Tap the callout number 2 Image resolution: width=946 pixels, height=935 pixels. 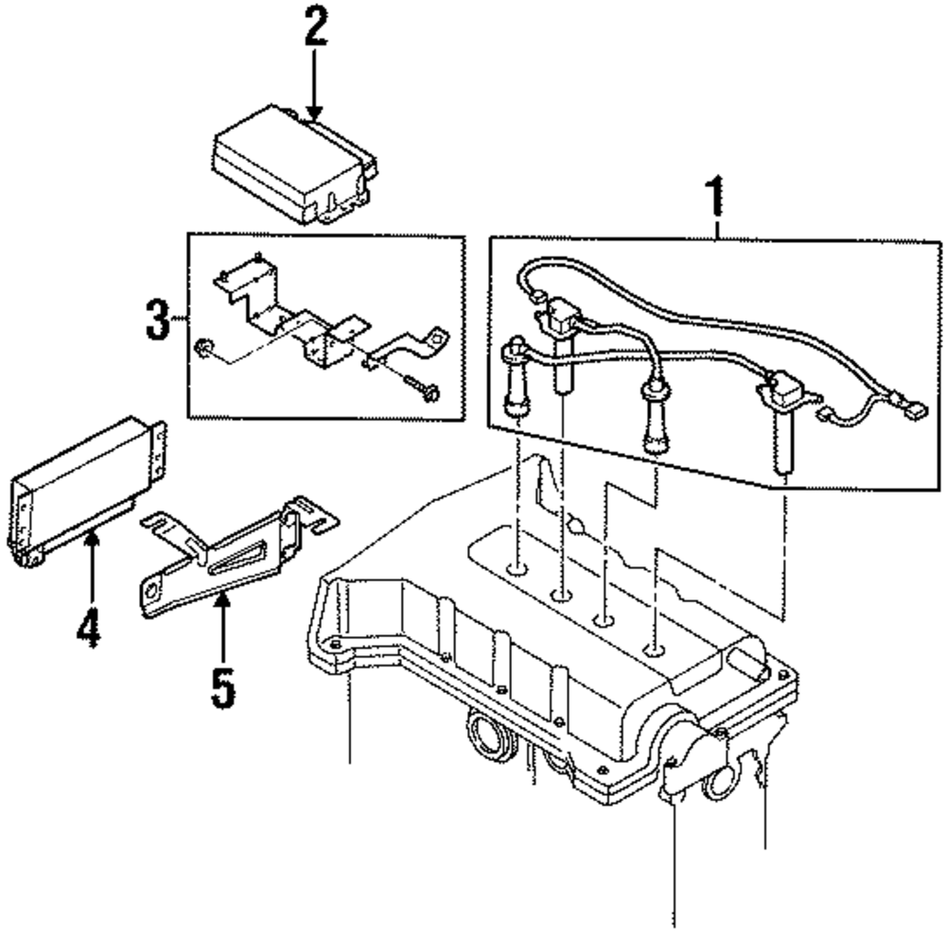315,29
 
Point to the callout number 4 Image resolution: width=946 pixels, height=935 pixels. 88,629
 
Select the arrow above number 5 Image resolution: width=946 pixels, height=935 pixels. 222,624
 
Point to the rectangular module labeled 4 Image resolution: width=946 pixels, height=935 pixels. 80,492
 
